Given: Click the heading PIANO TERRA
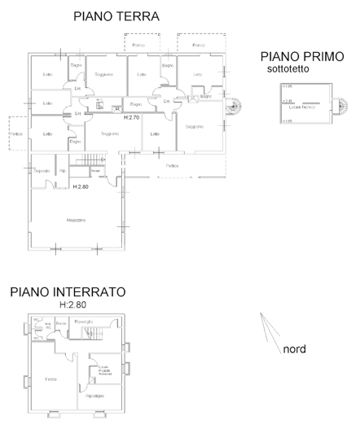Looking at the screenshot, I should (x=116, y=15).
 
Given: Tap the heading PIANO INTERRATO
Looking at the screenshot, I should (x=68, y=291).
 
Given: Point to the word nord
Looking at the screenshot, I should (x=294, y=350).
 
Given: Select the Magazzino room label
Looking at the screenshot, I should (x=76, y=220).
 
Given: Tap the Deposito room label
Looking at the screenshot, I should (x=42, y=170).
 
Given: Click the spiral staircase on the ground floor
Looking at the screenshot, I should (x=234, y=104).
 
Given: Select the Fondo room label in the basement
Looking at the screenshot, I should (x=51, y=378).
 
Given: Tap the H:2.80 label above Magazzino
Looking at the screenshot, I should (x=80, y=186).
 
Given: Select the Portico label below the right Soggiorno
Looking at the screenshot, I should (x=172, y=166).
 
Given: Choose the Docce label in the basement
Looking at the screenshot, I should (x=61, y=323).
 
